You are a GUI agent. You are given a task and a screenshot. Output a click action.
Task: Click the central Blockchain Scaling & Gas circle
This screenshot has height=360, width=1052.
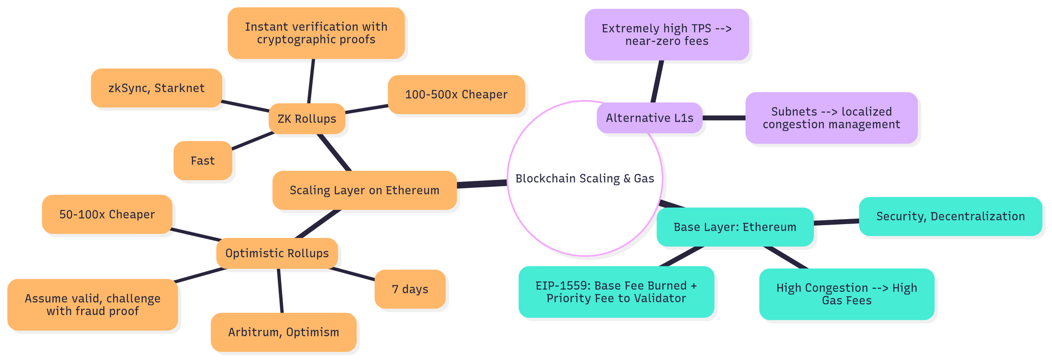pos(585,179)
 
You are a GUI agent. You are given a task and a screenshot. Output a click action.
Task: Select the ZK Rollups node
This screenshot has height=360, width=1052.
pos(307,119)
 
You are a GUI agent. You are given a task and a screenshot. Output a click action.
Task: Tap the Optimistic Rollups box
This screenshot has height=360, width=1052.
pos(277,253)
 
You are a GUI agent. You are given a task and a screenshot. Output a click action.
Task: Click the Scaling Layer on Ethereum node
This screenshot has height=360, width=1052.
pos(364,190)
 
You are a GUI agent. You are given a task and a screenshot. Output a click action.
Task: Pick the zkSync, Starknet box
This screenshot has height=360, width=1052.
pos(156,88)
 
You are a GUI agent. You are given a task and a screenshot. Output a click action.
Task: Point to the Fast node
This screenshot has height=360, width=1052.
pos(203,161)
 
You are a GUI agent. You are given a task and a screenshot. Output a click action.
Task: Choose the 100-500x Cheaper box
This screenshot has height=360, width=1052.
pos(456,94)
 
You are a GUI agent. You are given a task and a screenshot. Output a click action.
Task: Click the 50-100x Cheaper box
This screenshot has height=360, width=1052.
pos(107,214)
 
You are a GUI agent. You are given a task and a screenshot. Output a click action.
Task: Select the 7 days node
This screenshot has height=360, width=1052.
pos(410,289)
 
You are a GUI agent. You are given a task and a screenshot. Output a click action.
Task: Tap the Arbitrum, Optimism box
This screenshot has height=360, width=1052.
pos(283,332)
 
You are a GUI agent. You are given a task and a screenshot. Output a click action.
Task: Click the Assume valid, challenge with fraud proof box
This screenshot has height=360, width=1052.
pos(93,305)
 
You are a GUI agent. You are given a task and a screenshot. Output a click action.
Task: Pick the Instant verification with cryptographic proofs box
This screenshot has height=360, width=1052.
pos(316,33)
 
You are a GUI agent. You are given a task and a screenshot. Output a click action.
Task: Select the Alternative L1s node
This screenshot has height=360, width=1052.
pos(649,118)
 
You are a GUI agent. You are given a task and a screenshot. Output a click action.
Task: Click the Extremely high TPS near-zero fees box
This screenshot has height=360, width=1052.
pos(666,35)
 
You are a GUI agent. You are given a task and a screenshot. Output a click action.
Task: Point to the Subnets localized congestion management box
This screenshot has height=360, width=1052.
pos(831,118)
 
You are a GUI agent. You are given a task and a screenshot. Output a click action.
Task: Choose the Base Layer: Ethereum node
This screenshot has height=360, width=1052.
pos(735,227)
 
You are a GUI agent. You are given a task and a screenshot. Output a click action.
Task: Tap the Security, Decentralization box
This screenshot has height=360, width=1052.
pos(950,216)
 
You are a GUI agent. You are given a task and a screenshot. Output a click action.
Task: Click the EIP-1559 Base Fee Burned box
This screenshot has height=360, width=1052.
pos(616,292)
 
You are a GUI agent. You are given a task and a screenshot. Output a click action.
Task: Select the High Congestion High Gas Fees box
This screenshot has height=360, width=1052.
pos(847,294)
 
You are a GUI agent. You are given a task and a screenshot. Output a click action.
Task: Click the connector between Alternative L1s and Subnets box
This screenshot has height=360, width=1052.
pos(724,118)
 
